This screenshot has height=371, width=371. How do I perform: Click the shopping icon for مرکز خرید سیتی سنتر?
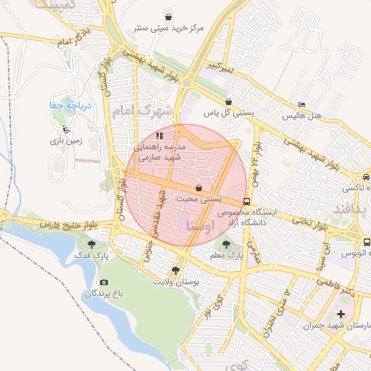coord(169,16)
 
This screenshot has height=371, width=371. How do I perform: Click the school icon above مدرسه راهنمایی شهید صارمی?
coord(159,135)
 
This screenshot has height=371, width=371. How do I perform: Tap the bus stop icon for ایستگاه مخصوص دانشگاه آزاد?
coord(247,201)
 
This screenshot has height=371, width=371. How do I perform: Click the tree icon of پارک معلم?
coord(227,245)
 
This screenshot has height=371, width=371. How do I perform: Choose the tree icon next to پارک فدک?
coord(91,245)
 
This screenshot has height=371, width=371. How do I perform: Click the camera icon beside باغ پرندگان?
coord(104,283)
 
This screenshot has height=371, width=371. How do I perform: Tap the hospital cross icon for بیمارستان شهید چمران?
coord(341,314)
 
